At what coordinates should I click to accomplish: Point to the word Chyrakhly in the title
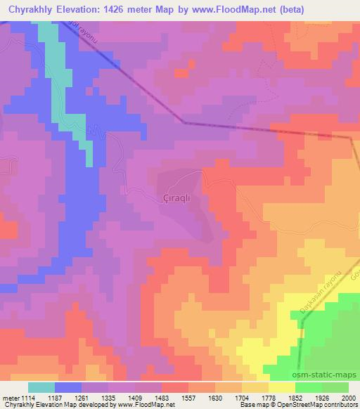(34, 9)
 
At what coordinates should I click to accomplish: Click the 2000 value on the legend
(348, 397)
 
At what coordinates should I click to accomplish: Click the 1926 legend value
(323, 397)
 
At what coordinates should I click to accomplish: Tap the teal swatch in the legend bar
(41, 387)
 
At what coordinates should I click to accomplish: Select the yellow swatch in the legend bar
(282, 387)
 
